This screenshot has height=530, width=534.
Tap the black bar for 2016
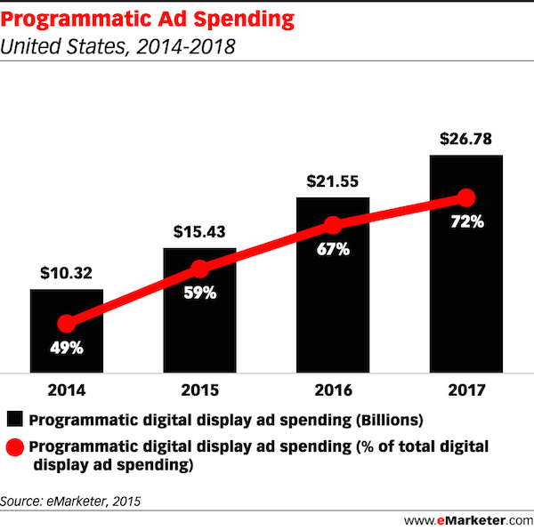click(x=332, y=293)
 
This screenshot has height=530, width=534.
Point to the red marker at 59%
click(x=199, y=269)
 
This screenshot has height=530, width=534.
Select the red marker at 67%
click(x=332, y=225)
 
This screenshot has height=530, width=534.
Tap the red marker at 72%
click(x=465, y=197)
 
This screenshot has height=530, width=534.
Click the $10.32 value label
click(x=67, y=273)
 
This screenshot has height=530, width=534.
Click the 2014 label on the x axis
click(x=67, y=389)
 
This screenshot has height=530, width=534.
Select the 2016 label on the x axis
click(x=332, y=389)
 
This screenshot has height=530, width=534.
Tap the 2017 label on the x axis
click(x=465, y=389)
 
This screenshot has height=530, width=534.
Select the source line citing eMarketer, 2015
click(x=71, y=501)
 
